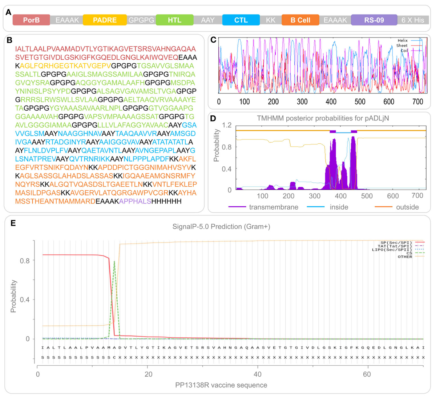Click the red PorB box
click(x=31, y=20)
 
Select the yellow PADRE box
click(x=105, y=20)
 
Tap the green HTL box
click(x=174, y=20)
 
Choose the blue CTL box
click(x=241, y=20)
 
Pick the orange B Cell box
click(x=300, y=20)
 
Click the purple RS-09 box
click(x=374, y=20)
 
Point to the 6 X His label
click(x=413, y=20)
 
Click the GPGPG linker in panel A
click(x=141, y=20)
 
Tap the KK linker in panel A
click(x=271, y=20)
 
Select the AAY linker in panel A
click(x=208, y=20)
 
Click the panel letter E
click(x=13, y=223)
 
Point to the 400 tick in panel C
click(x=331, y=102)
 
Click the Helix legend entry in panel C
click(x=403, y=40)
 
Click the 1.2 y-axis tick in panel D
click(x=227, y=125)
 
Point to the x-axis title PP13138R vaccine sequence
click(x=222, y=385)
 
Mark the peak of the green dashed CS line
click(x=114, y=261)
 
